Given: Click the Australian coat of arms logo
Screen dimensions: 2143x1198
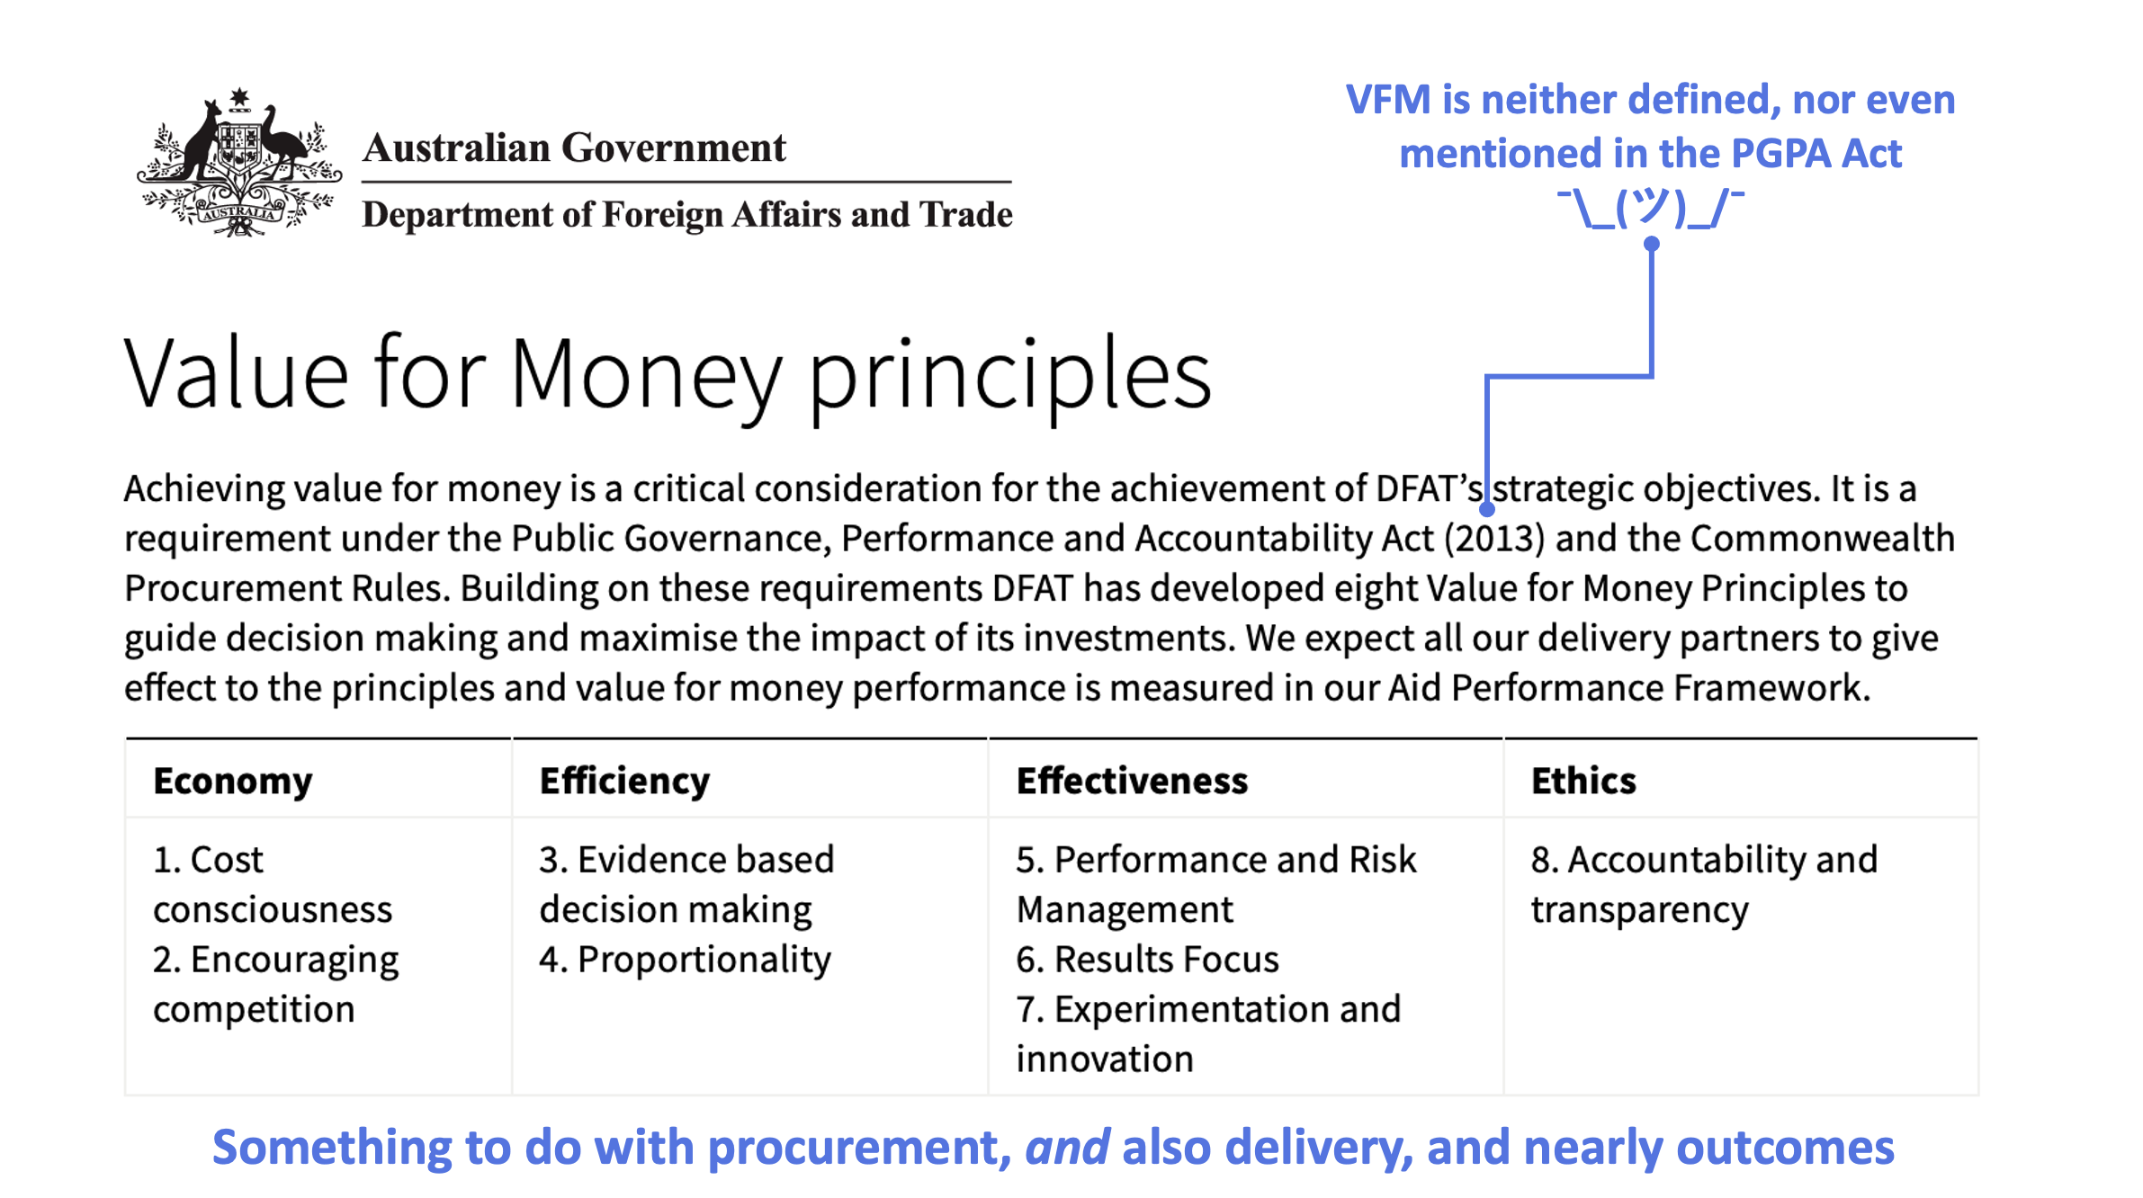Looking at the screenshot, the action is click(x=238, y=163).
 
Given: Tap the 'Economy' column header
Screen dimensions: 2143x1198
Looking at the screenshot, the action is click(x=233, y=781).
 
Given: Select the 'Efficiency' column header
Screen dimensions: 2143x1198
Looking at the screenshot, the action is click(x=624, y=781).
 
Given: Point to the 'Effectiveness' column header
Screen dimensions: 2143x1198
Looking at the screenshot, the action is click(x=1132, y=781).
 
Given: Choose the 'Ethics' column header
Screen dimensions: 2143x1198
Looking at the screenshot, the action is click(x=1583, y=781).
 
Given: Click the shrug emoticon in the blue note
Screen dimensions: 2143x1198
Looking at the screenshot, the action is click(x=1651, y=208).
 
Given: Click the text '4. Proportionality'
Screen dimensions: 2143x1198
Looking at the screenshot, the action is click(x=685, y=960).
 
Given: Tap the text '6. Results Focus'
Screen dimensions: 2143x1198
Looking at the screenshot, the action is click(x=1147, y=960).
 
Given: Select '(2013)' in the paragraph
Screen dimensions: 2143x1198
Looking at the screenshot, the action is click(x=1494, y=539).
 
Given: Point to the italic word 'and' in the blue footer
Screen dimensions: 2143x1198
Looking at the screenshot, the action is click(x=1067, y=1148).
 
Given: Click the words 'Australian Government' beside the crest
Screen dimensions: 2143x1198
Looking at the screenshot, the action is click(x=574, y=148).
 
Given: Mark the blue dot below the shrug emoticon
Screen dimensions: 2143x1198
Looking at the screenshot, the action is click(x=1652, y=244).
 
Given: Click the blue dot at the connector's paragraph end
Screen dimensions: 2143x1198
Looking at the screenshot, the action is click(x=1487, y=509).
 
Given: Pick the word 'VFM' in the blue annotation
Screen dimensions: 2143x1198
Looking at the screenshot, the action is click(x=1388, y=100).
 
